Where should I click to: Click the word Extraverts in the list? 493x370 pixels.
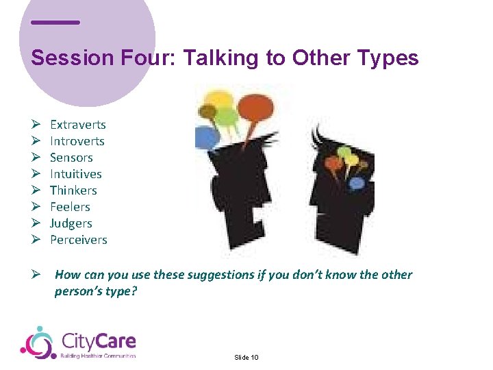point(77,125)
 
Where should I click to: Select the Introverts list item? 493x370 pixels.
point(77,141)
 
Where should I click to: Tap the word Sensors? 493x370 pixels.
point(71,158)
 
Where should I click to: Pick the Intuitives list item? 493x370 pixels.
point(75,174)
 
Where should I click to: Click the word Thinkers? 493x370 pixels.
point(73,190)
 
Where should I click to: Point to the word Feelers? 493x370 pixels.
point(70,207)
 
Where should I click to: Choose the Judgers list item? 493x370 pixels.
point(71,223)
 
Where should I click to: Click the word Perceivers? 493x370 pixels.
point(78,240)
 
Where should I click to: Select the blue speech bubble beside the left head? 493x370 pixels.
point(205,138)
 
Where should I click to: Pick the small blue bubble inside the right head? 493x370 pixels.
point(356,183)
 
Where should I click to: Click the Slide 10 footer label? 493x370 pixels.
point(246,358)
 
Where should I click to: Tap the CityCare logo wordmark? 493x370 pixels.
point(99,341)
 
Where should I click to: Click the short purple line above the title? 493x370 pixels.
point(55,22)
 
